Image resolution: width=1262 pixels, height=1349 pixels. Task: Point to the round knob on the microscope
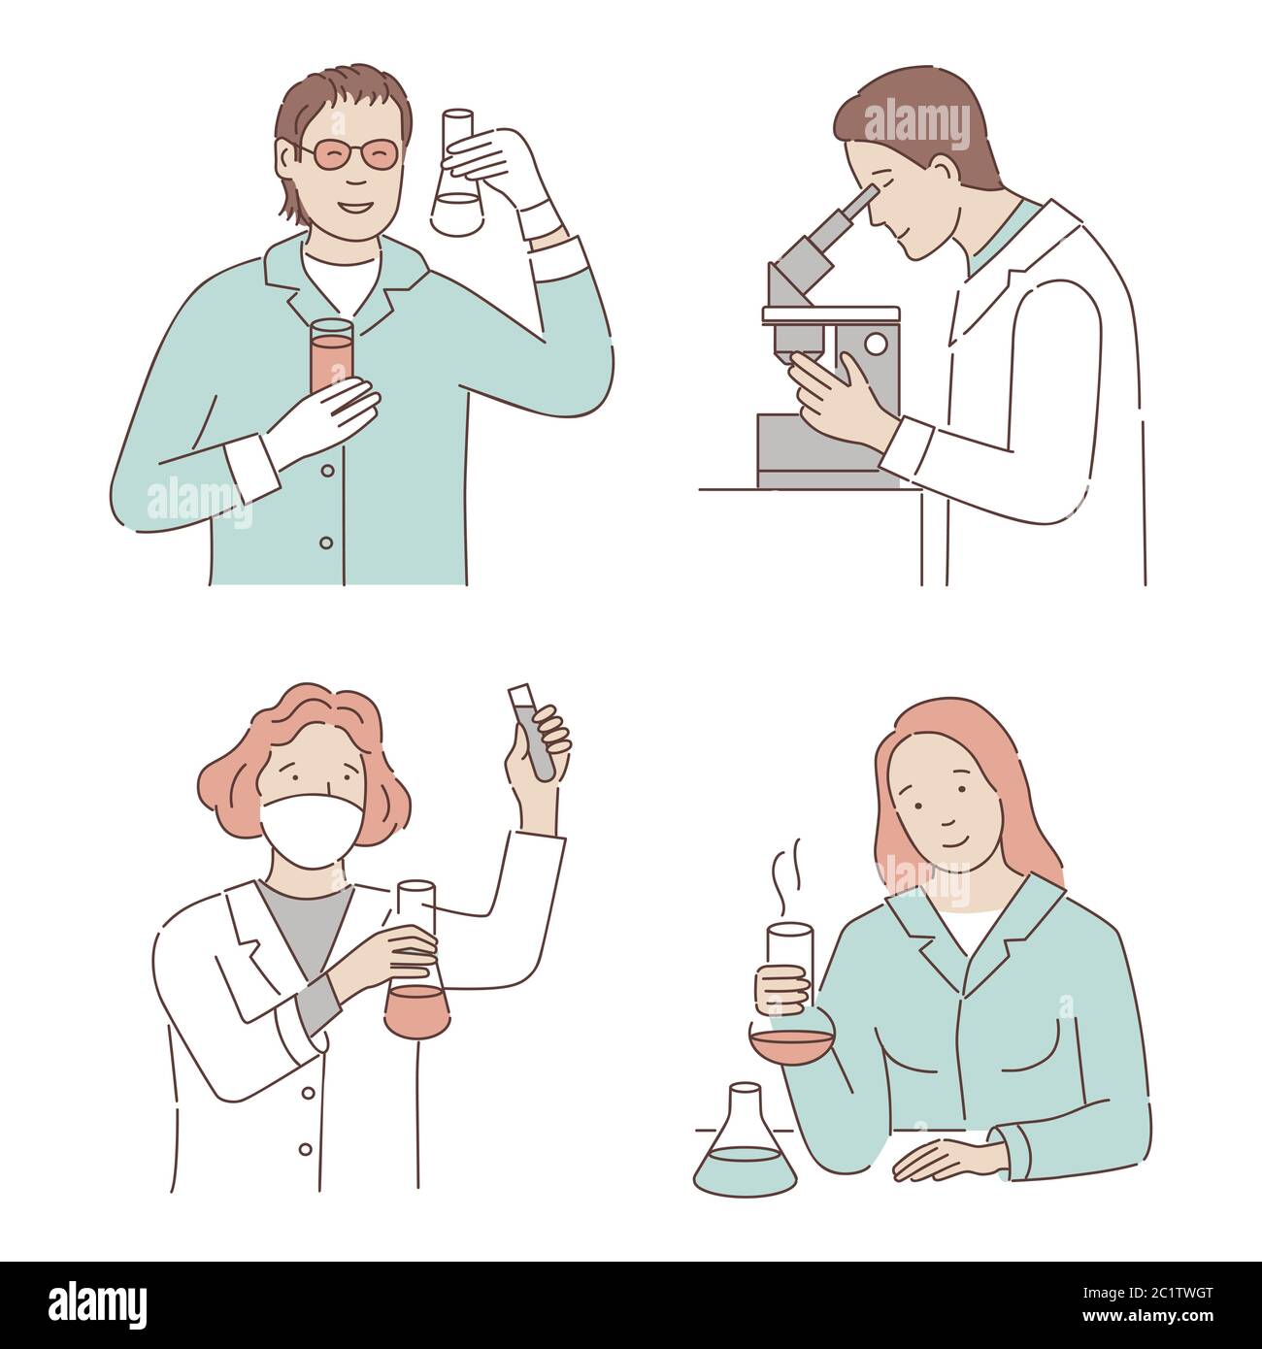pos(876,344)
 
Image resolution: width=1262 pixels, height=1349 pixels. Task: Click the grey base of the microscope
pos(801,451)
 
